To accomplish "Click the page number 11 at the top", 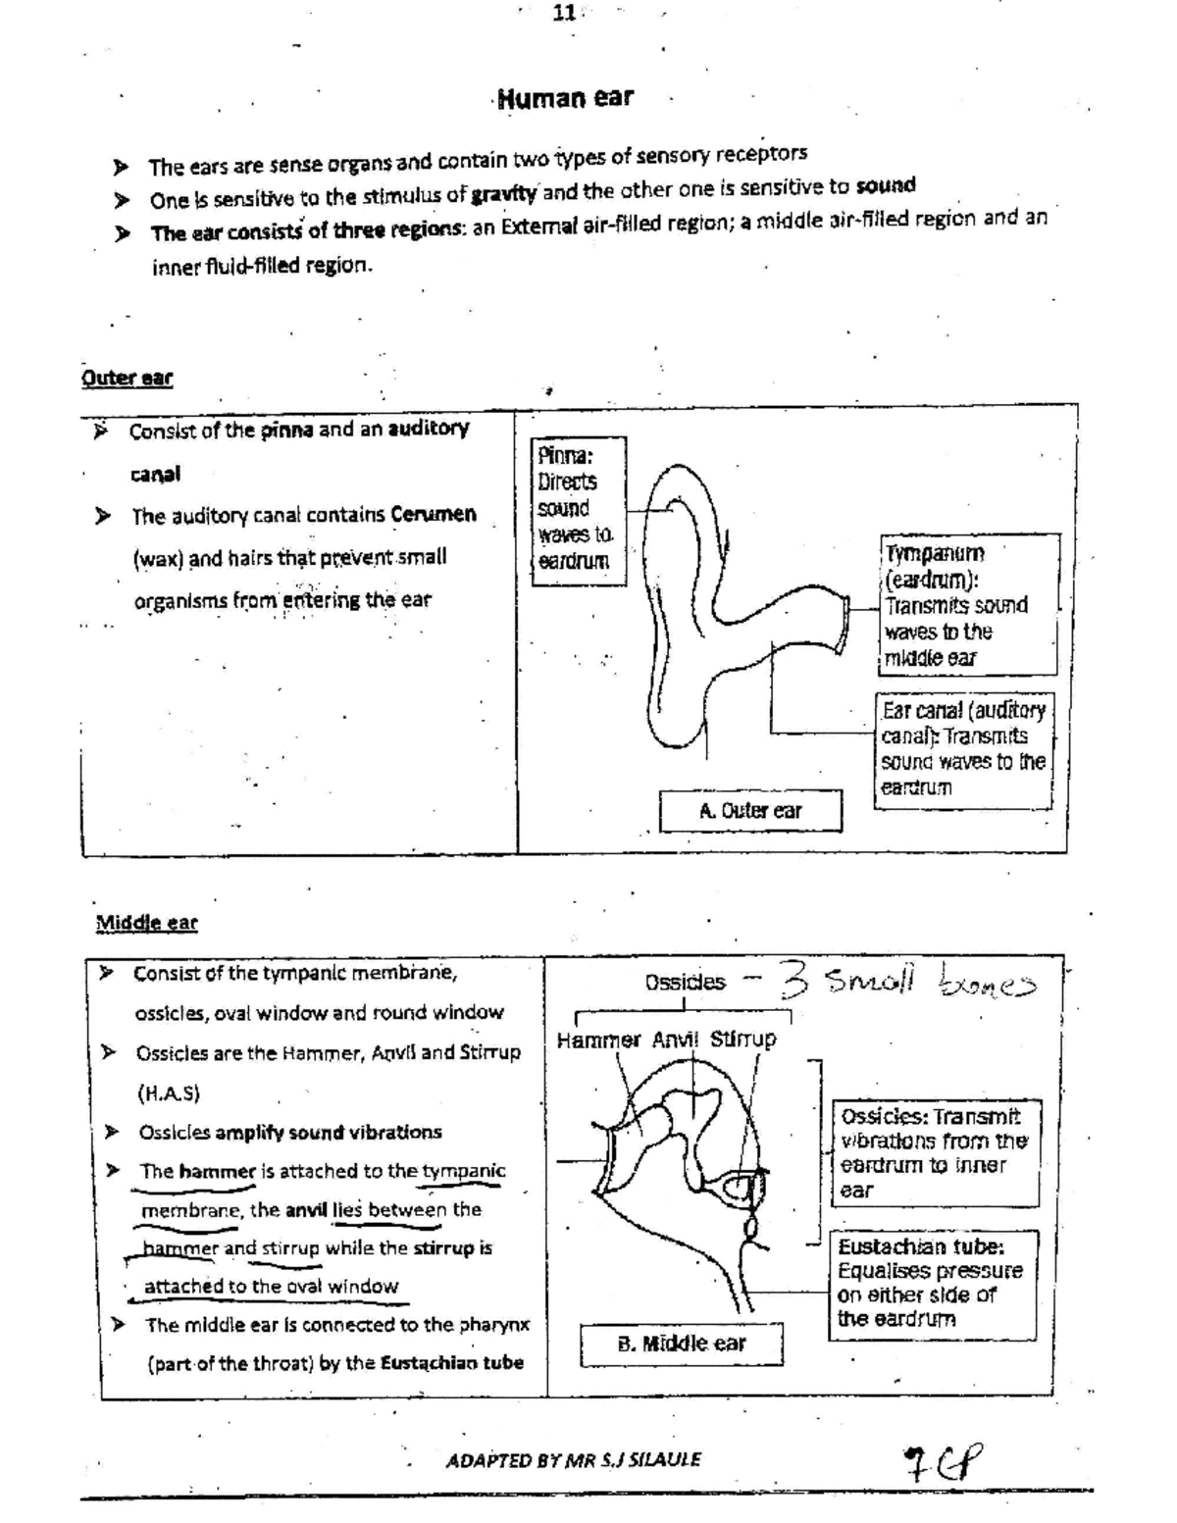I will click(564, 13).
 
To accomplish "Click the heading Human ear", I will click(566, 98).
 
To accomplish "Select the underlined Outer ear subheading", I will click(128, 378).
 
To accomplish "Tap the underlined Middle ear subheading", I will click(146, 922).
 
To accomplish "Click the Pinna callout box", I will click(578, 510).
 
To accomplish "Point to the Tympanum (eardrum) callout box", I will click(969, 604).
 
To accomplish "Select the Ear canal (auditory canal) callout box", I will click(963, 749).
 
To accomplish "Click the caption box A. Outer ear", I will click(750, 811).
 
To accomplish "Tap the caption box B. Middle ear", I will click(682, 1344).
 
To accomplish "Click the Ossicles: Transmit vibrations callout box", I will click(936, 1153).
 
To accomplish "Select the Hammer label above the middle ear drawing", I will click(598, 1040).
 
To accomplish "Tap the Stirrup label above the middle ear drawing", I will click(742, 1039).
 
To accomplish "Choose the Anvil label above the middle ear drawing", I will click(676, 1040).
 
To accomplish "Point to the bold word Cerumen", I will click(433, 515).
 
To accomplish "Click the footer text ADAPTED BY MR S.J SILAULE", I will click(574, 1459).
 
